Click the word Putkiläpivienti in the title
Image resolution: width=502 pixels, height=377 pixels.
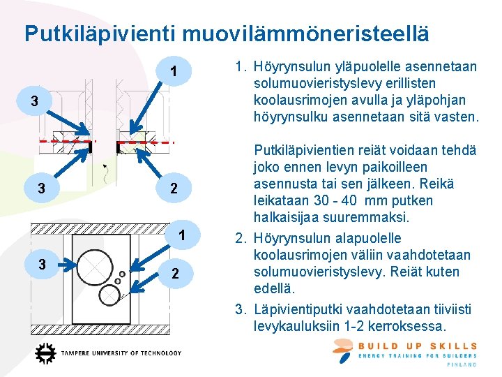tap(100, 34)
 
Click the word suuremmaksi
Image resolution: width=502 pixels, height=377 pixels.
tap(383, 217)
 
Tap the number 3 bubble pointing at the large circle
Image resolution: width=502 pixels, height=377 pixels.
tap(43, 265)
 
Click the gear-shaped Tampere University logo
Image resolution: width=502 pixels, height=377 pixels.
tap(45, 354)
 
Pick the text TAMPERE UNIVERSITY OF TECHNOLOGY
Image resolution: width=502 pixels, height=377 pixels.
tap(121, 354)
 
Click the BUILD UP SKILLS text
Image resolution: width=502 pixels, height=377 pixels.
tap(418, 346)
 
